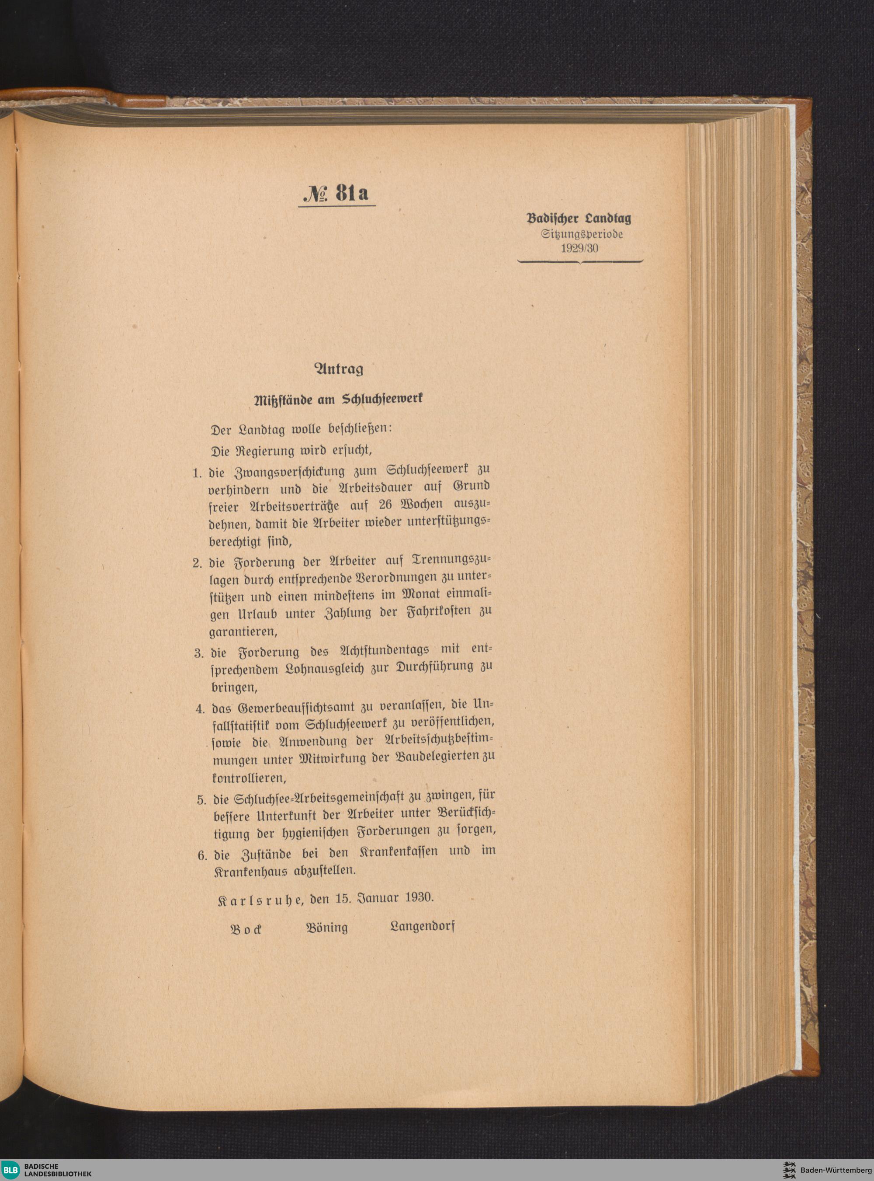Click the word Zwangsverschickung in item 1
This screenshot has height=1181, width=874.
click(x=286, y=471)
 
